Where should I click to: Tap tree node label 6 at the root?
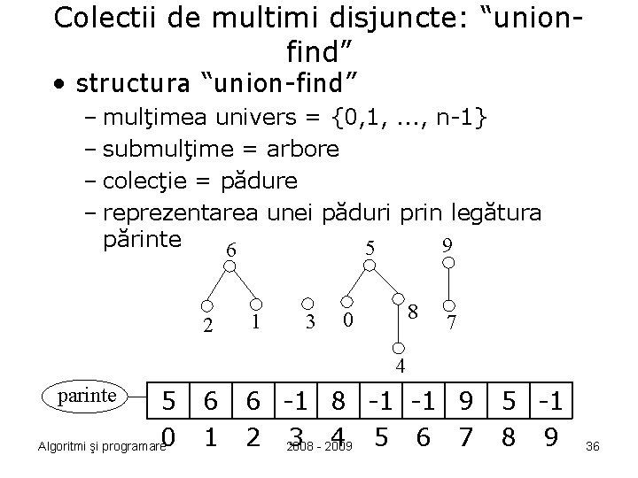tap(231, 251)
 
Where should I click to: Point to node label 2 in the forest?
tap(207, 325)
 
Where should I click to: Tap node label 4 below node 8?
tap(401, 366)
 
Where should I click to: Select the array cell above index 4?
tap(339, 403)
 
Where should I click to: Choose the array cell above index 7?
tap(463, 403)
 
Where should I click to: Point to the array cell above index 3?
tap(295, 403)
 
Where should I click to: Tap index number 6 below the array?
tap(420, 437)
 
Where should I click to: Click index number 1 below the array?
tap(211, 437)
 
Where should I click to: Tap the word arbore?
tap(302, 148)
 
